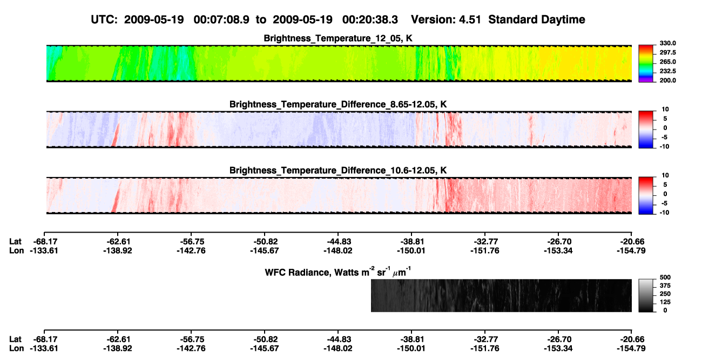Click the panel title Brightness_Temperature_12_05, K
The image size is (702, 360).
(338, 38)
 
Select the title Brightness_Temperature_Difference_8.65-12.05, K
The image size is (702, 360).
(338, 104)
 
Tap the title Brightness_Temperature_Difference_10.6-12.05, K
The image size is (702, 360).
(338, 171)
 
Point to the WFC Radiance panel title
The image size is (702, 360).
(338, 272)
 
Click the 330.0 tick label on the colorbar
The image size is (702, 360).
(667, 43)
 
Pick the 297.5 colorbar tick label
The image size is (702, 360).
(667, 52)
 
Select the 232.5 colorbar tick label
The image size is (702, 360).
(667, 71)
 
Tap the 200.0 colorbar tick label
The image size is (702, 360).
(667, 80)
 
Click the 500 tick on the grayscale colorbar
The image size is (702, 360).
(665, 277)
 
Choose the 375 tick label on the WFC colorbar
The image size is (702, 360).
(665, 286)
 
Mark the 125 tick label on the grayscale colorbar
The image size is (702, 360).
(665, 302)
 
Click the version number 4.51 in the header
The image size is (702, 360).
(470, 19)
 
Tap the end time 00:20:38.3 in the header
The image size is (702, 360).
(370, 19)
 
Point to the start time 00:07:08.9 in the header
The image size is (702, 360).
(221, 19)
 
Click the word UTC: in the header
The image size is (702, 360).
(104, 19)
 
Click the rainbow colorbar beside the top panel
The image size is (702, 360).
(646, 64)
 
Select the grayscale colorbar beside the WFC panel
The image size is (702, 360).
(646, 295)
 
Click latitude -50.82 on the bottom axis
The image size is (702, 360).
(265, 339)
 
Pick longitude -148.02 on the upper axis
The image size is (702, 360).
(338, 250)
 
